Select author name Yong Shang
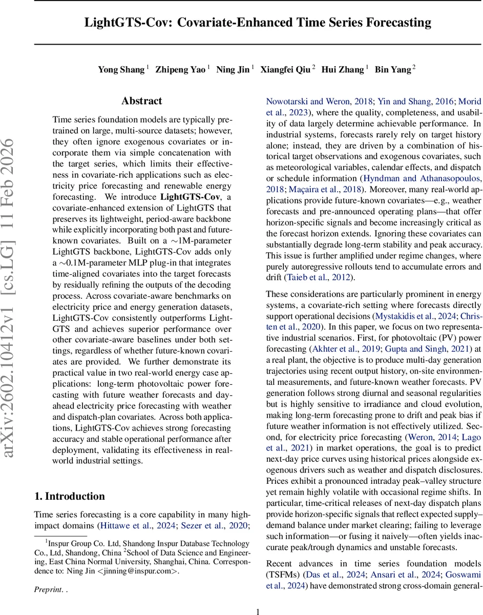pyautogui.click(x=121, y=70)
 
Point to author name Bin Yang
pyautogui.click(x=393, y=70)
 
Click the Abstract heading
pyautogui.click(x=142, y=101)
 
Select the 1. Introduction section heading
pyautogui.click(x=69, y=496)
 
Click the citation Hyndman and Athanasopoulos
pyautogui.click(x=422, y=178)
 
